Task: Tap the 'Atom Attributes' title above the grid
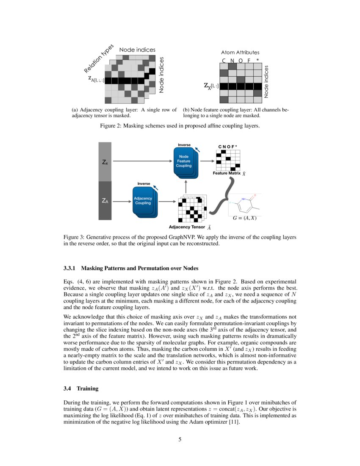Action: (240, 53)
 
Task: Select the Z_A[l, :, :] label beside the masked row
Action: (96, 79)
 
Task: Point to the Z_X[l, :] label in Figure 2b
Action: (211, 86)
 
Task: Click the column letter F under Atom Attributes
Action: (249, 60)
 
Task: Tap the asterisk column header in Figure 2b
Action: (257, 60)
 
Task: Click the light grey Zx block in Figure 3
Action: (105, 162)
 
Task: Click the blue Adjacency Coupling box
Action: (143, 201)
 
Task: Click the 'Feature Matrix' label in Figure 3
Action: (227, 173)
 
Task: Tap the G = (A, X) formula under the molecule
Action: (245, 218)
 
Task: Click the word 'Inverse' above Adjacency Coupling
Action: (144, 183)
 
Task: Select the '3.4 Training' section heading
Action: (80, 388)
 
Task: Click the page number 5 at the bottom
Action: (180, 439)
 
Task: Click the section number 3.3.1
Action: (70, 268)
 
